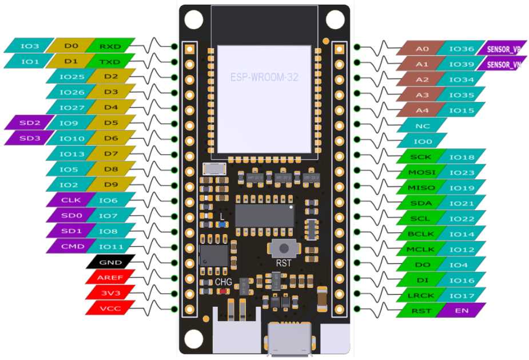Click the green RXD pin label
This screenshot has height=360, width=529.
click(x=111, y=46)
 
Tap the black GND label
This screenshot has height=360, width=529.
click(x=110, y=262)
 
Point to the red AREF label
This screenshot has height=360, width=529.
click(x=110, y=278)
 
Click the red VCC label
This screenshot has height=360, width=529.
click(x=110, y=308)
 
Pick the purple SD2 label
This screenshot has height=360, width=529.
click(x=30, y=123)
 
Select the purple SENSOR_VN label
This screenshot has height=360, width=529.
click(x=503, y=65)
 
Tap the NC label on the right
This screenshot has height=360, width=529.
click(x=422, y=125)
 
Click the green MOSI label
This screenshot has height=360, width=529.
click(x=422, y=172)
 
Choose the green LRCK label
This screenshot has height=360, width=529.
click(x=422, y=295)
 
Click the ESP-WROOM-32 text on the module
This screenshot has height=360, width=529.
click(x=264, y=77)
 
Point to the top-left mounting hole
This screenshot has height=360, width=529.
click(x=193, y=19)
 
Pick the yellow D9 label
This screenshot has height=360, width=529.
click(x=111, y=185)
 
